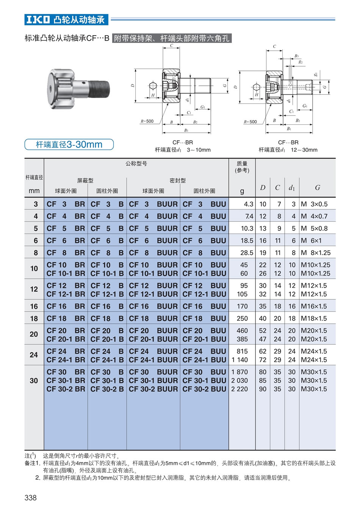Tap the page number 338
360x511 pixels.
(30, 497)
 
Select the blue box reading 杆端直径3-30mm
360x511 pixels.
(69, 144)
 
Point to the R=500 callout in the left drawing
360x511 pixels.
(147, 121)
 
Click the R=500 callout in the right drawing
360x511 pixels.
(250, 122)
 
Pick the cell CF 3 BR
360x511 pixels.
(66, 204)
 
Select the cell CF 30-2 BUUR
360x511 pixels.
(153, 389)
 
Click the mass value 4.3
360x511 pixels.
(249, 204)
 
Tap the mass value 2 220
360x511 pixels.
(239, 389)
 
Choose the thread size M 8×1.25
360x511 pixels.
(316, 253)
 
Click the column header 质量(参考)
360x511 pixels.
(242, 167)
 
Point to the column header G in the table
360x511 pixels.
(318, 188)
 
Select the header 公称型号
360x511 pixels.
(136, 163)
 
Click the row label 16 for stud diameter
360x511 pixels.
(34, 306)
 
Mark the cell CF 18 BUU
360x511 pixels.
(204, 318)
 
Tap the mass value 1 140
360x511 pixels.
(239, 360)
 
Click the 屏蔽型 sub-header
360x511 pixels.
(85, 181)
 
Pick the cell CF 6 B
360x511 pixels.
(107, 241)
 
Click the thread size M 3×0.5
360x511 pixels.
(314, 204)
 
